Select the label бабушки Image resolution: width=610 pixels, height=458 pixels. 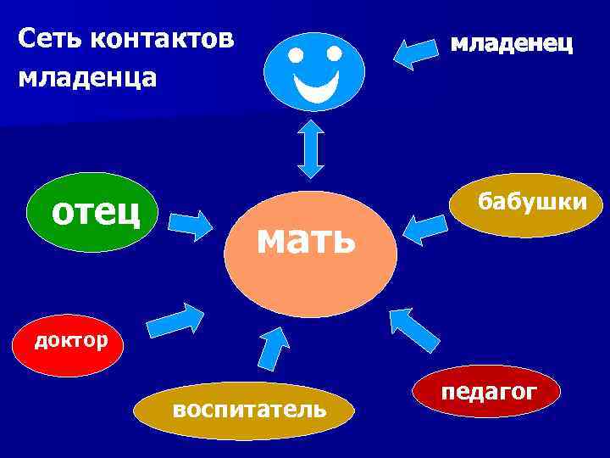(531, 202)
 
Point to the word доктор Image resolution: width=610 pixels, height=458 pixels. (71, 341)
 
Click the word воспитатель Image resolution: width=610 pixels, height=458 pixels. (248, 410)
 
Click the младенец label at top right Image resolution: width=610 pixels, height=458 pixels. (511, 43)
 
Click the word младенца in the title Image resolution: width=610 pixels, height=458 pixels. (87, 78)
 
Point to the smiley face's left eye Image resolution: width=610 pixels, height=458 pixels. (297, 57)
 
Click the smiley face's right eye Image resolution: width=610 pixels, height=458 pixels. (334, 53)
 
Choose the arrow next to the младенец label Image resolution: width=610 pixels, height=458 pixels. (416, 53)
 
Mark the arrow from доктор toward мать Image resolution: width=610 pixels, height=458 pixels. (175, 320)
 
